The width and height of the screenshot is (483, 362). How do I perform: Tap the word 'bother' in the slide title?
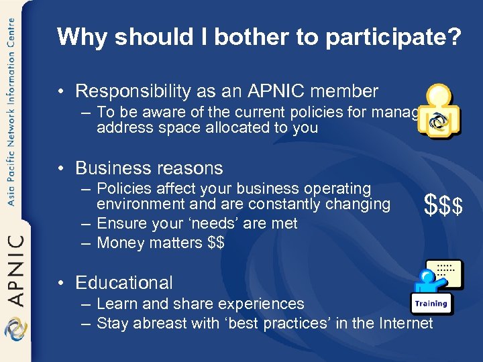(x=225, y=38)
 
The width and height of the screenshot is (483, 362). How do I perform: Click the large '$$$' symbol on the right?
(x=443, y=206)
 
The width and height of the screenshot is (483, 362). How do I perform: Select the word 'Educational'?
(x=124, y=283)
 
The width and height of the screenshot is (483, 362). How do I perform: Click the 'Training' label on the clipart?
(x=431, y=304)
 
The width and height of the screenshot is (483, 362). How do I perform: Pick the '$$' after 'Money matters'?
(x=216, y=243)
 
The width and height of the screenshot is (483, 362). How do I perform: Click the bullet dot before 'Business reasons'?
(x=61, y=168)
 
